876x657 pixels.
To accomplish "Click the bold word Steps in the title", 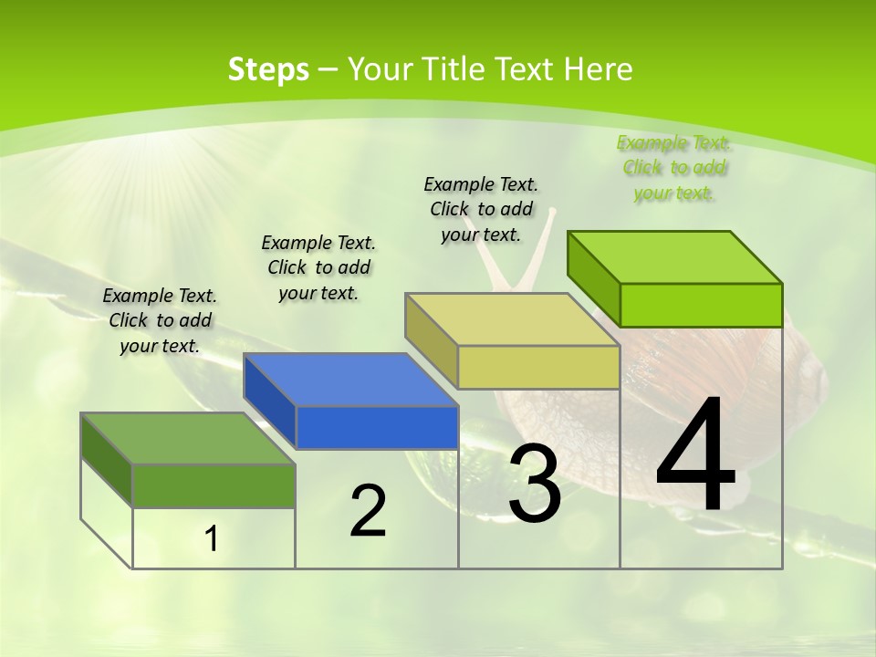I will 268,69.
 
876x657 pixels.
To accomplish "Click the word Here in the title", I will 599,69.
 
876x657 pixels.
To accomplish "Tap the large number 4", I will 695,456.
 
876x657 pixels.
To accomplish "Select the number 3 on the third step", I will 535,485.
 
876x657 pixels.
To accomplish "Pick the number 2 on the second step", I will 368,511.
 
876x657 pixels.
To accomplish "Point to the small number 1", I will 211,539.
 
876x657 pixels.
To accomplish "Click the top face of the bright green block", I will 673,256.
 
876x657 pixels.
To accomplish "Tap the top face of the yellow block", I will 511,319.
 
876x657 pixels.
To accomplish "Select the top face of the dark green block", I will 187,438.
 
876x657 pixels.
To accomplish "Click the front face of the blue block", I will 377,427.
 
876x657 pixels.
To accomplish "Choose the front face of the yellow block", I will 538,367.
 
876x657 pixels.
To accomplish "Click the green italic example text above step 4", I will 673,168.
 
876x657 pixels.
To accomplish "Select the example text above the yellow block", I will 481,209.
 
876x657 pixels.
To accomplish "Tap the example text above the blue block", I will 318,267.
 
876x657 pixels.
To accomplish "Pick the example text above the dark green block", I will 160,320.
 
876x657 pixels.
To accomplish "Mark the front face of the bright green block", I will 701,305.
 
